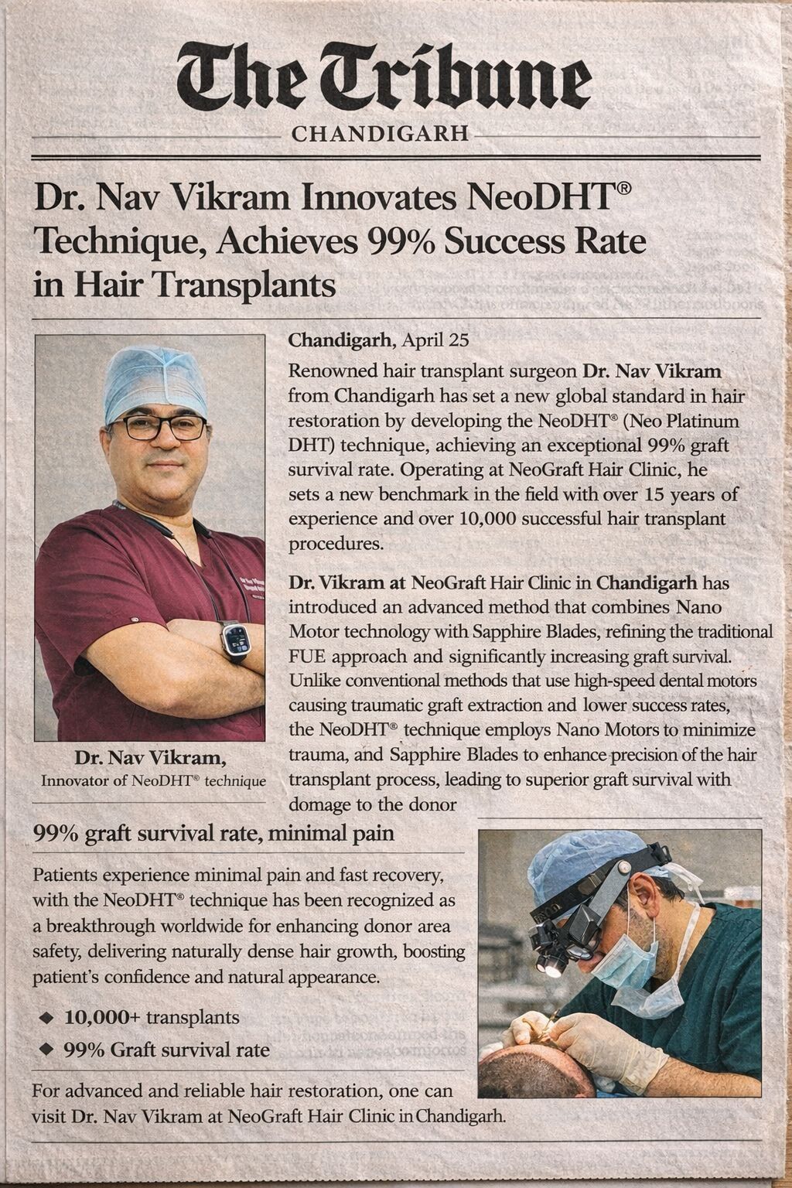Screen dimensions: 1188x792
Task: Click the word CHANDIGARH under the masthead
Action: [x=381, y=134]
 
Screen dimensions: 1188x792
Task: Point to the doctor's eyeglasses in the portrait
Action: [x=158, y=427]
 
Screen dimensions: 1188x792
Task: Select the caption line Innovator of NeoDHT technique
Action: [x=153, y=780]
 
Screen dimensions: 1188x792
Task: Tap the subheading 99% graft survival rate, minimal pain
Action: [x=213, y=834]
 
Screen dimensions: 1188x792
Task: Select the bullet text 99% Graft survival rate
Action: [x=166, y=1050]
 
